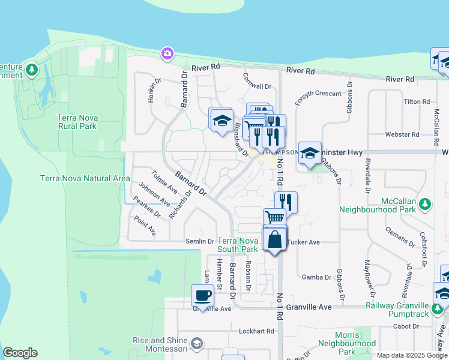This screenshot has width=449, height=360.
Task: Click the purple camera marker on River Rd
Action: (x=167, y=54)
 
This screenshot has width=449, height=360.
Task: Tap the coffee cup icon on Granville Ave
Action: (x=202, y=295)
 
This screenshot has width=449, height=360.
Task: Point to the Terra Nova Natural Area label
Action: (x=85, y=178)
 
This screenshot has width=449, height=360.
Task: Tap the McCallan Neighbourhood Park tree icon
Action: (x=425, y=204)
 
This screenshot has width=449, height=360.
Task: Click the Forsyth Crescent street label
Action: (x=318, y=94)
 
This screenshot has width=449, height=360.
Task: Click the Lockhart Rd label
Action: (x=255, y=331)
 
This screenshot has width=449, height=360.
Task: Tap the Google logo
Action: (x=20, y=353)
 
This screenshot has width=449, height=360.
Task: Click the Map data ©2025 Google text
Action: (x=411, y=355)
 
